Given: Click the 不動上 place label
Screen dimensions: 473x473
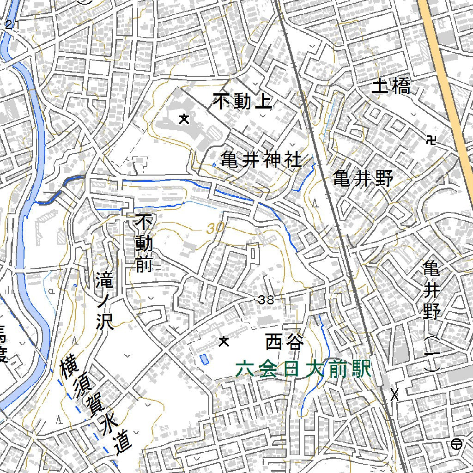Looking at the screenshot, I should [x=243, y=102].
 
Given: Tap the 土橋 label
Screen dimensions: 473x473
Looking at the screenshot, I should [x=391, y=86].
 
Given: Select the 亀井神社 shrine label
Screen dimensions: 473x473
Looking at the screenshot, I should [x=261, y=160].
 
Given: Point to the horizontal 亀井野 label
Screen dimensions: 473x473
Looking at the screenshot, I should [x=364, y=178].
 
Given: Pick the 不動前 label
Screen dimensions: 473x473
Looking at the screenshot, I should [x=143, y=243].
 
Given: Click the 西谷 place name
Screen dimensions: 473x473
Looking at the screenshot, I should [x=285, y=343].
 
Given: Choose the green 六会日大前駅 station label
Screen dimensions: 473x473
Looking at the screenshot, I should [x=303, y=370].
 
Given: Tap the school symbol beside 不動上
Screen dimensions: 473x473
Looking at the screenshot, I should [x=184, y=120].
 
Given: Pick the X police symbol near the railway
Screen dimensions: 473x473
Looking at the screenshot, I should [x=394, y=395].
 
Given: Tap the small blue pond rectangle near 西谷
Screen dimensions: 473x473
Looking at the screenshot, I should [x=203, y=358].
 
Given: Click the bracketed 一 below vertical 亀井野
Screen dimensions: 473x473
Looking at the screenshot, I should [x=432, y=355].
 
